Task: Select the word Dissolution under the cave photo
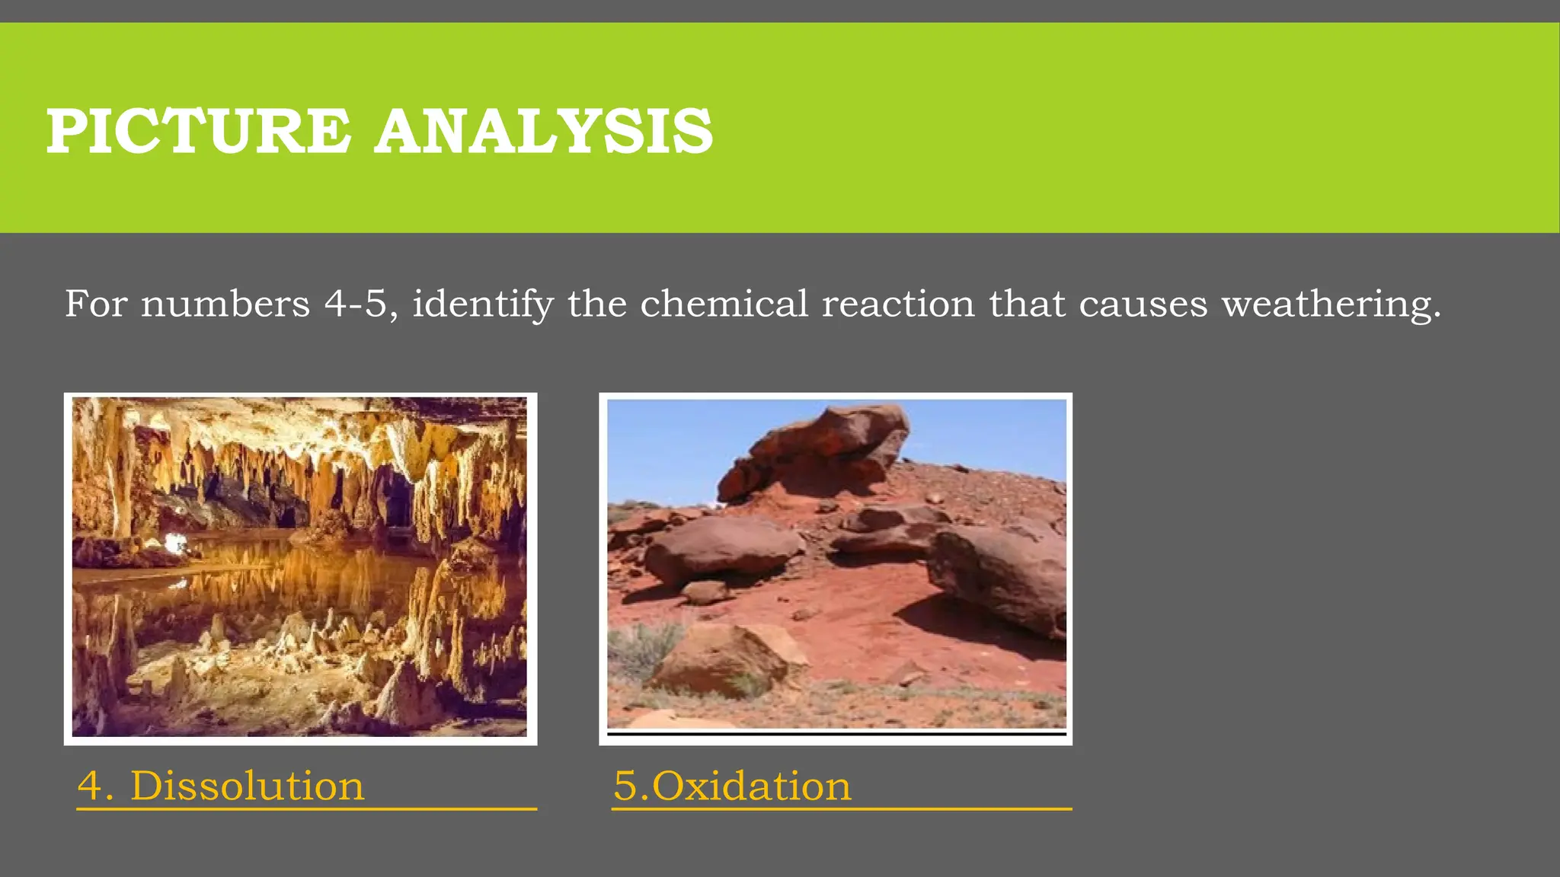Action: click(x=248, y=786)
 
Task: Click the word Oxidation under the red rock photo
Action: click(x=752, y=786)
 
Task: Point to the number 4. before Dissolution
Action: click(x=95, y=786)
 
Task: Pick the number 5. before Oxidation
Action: click(x=631, y=786)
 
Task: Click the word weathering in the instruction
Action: click(x=1331, y=305)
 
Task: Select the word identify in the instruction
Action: click(x=483, y=305)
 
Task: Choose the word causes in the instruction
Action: click(x=1143, y=305)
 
